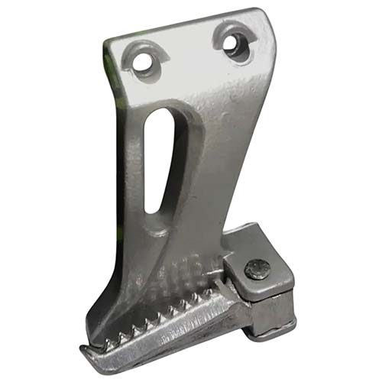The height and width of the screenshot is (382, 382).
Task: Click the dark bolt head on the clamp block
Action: [257, 270]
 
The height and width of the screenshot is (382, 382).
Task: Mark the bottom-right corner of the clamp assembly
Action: [294, 324]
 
